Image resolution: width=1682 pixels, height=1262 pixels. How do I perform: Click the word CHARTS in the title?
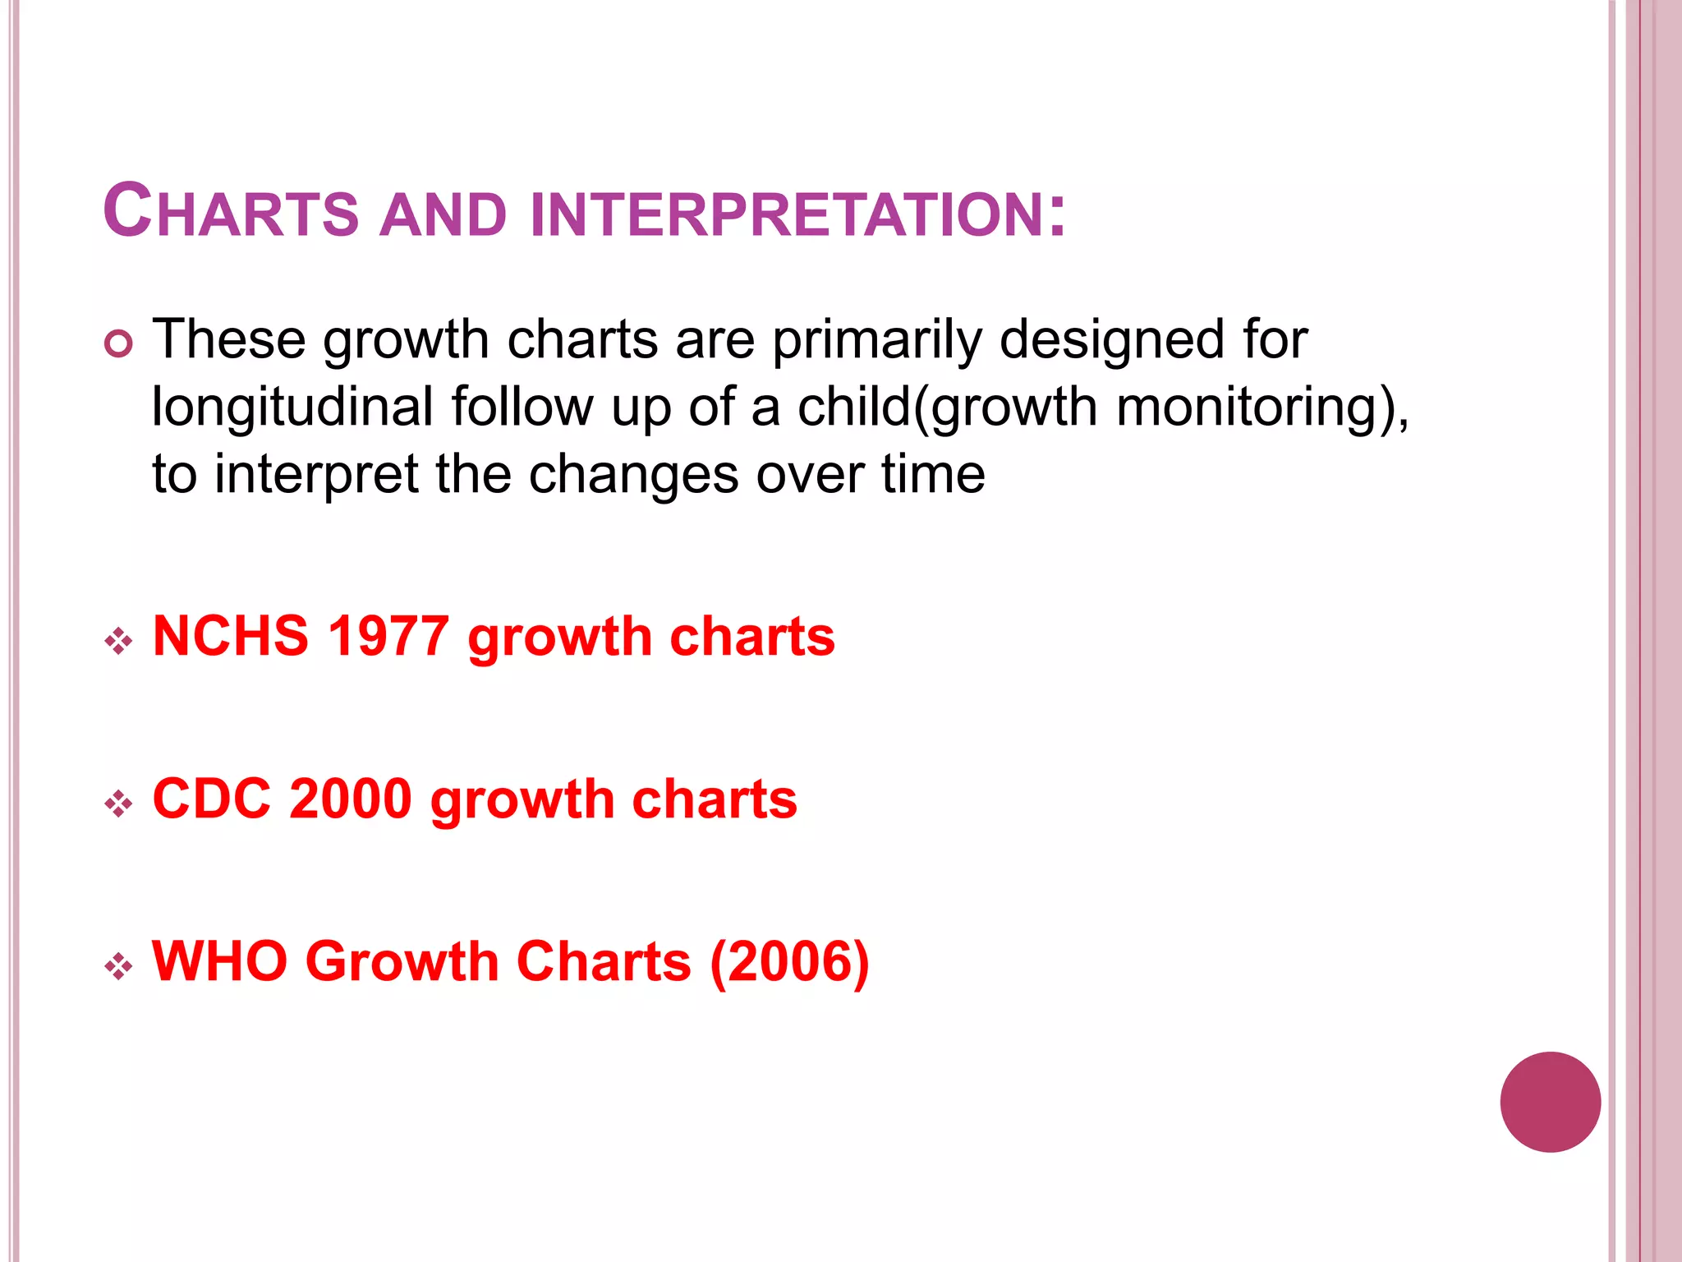(231, 211)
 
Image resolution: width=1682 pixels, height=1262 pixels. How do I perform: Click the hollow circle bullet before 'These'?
(119, 343)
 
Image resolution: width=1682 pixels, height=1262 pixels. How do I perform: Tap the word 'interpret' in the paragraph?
(317, 475)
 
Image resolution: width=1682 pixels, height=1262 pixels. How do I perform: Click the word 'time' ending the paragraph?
(933, 475)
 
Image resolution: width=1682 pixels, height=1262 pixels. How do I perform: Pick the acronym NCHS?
(231, 637)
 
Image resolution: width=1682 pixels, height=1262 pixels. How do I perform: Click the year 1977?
(388, 637)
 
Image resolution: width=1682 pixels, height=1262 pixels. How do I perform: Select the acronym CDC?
(212, 799)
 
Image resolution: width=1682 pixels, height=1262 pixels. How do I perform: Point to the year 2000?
(351, 799)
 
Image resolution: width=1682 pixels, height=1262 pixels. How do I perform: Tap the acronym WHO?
(220, 961)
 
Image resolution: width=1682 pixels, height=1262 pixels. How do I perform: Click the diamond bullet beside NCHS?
(119, 641)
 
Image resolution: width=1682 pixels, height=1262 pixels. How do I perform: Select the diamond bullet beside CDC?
(119, 803)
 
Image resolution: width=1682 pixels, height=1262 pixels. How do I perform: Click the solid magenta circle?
(1550, 1102)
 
